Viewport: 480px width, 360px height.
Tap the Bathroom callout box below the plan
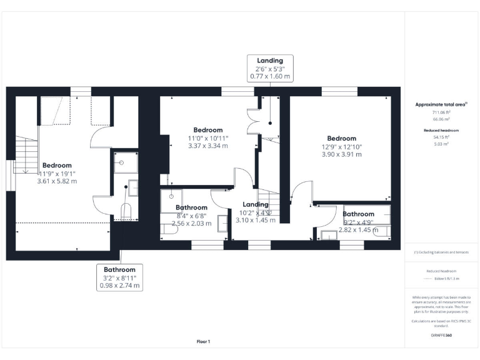(119, 277)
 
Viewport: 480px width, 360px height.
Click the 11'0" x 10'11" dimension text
(208, 138)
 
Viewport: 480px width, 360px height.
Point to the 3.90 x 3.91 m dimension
(341, 154)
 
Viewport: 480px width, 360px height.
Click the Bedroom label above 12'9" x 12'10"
(341, 138)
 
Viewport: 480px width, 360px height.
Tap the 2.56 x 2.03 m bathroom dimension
(191, 223)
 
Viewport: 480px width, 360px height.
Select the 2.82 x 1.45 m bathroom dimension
(358, 229)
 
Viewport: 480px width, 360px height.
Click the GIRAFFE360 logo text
(442, 336)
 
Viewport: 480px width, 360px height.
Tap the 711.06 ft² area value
(441, 112)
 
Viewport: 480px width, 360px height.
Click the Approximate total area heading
(441, 104)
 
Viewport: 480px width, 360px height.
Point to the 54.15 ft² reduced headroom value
(441, 136)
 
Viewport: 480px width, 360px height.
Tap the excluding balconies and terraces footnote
(441, 252)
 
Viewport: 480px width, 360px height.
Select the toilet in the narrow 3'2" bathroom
(125, 211)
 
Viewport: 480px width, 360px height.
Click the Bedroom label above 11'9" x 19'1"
(57, 166)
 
